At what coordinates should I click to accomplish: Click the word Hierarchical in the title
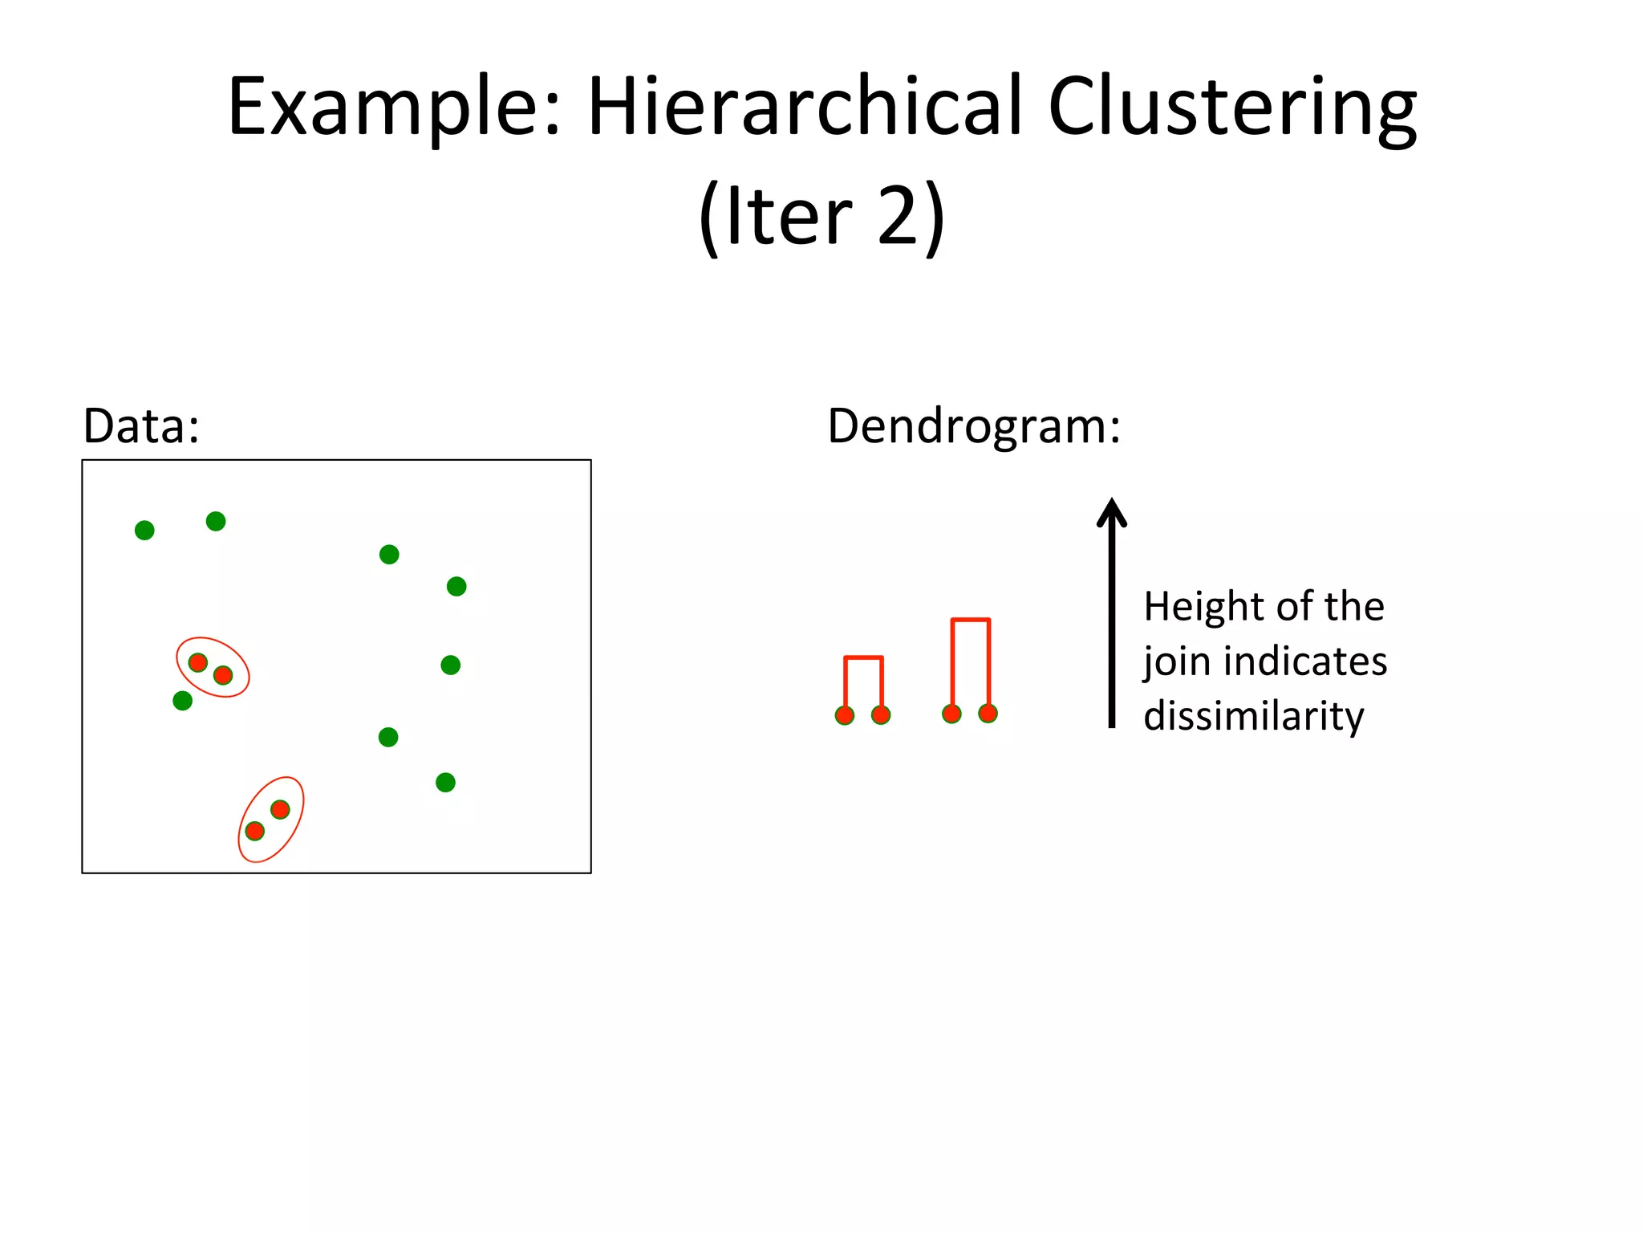coord(805,107)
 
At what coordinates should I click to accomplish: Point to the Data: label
coord(141,425)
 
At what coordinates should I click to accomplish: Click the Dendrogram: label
coord(973,425)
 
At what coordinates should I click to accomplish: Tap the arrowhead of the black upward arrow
coord(1112,512)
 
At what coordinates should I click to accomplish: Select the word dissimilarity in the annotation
coord(1253,715)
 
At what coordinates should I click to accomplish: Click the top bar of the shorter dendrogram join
coord(863,658)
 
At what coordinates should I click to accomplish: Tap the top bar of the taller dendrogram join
coord(971,620)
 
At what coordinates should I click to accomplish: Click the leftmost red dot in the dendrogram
coord(845,715)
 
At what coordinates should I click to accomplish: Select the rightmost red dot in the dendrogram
coord(988,713)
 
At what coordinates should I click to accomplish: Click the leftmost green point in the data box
coord(144,530)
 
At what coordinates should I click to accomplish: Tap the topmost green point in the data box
coord(216,521)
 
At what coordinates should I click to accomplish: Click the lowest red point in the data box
coord(254,831)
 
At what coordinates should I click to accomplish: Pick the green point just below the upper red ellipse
coord(183,701)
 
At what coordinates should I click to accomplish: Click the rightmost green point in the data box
coord(456,586)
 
